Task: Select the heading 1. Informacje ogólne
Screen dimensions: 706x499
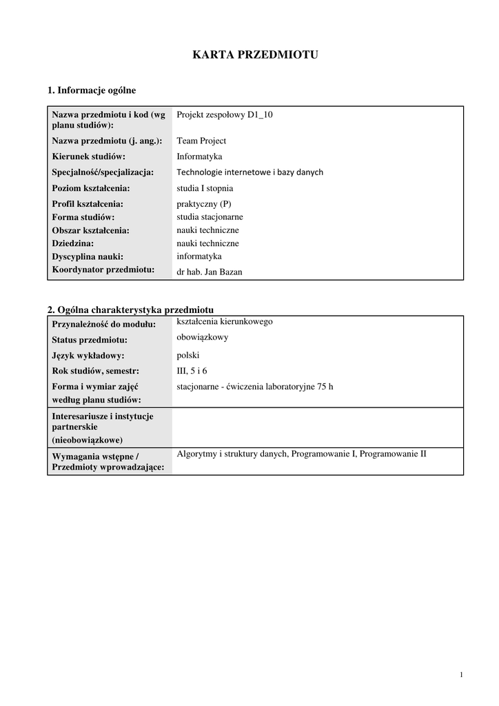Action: (x=92, y=90)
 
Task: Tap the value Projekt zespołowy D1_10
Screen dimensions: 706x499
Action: (x=225, y=115)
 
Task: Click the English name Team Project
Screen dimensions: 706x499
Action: (x=201, y=141)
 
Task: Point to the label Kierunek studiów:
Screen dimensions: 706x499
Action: (x=89, y=157)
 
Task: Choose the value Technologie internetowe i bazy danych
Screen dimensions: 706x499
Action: (x=250, y=172)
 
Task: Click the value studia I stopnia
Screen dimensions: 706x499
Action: (x=205, y=188)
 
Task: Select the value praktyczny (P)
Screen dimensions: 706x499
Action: (x=204, y=204)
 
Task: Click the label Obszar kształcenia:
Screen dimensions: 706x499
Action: (x=90, y=230)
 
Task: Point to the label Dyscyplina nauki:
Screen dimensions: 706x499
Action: (x=88, y=256)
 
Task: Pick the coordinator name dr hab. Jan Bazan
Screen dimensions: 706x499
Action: (x=210, y=272)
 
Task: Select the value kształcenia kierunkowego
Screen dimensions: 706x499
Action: (x=225, y=321)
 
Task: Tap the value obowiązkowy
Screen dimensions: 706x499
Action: (x=203, y=337)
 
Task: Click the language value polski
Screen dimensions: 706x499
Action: (x=188, y=356)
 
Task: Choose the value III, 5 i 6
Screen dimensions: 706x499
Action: (x=192, y=371)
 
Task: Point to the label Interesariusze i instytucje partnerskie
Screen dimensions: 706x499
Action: (x=103, y=422)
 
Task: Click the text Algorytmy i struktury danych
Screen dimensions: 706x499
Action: (x=232, y=454)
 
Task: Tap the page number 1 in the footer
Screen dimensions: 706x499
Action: (x=460, y=674)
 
